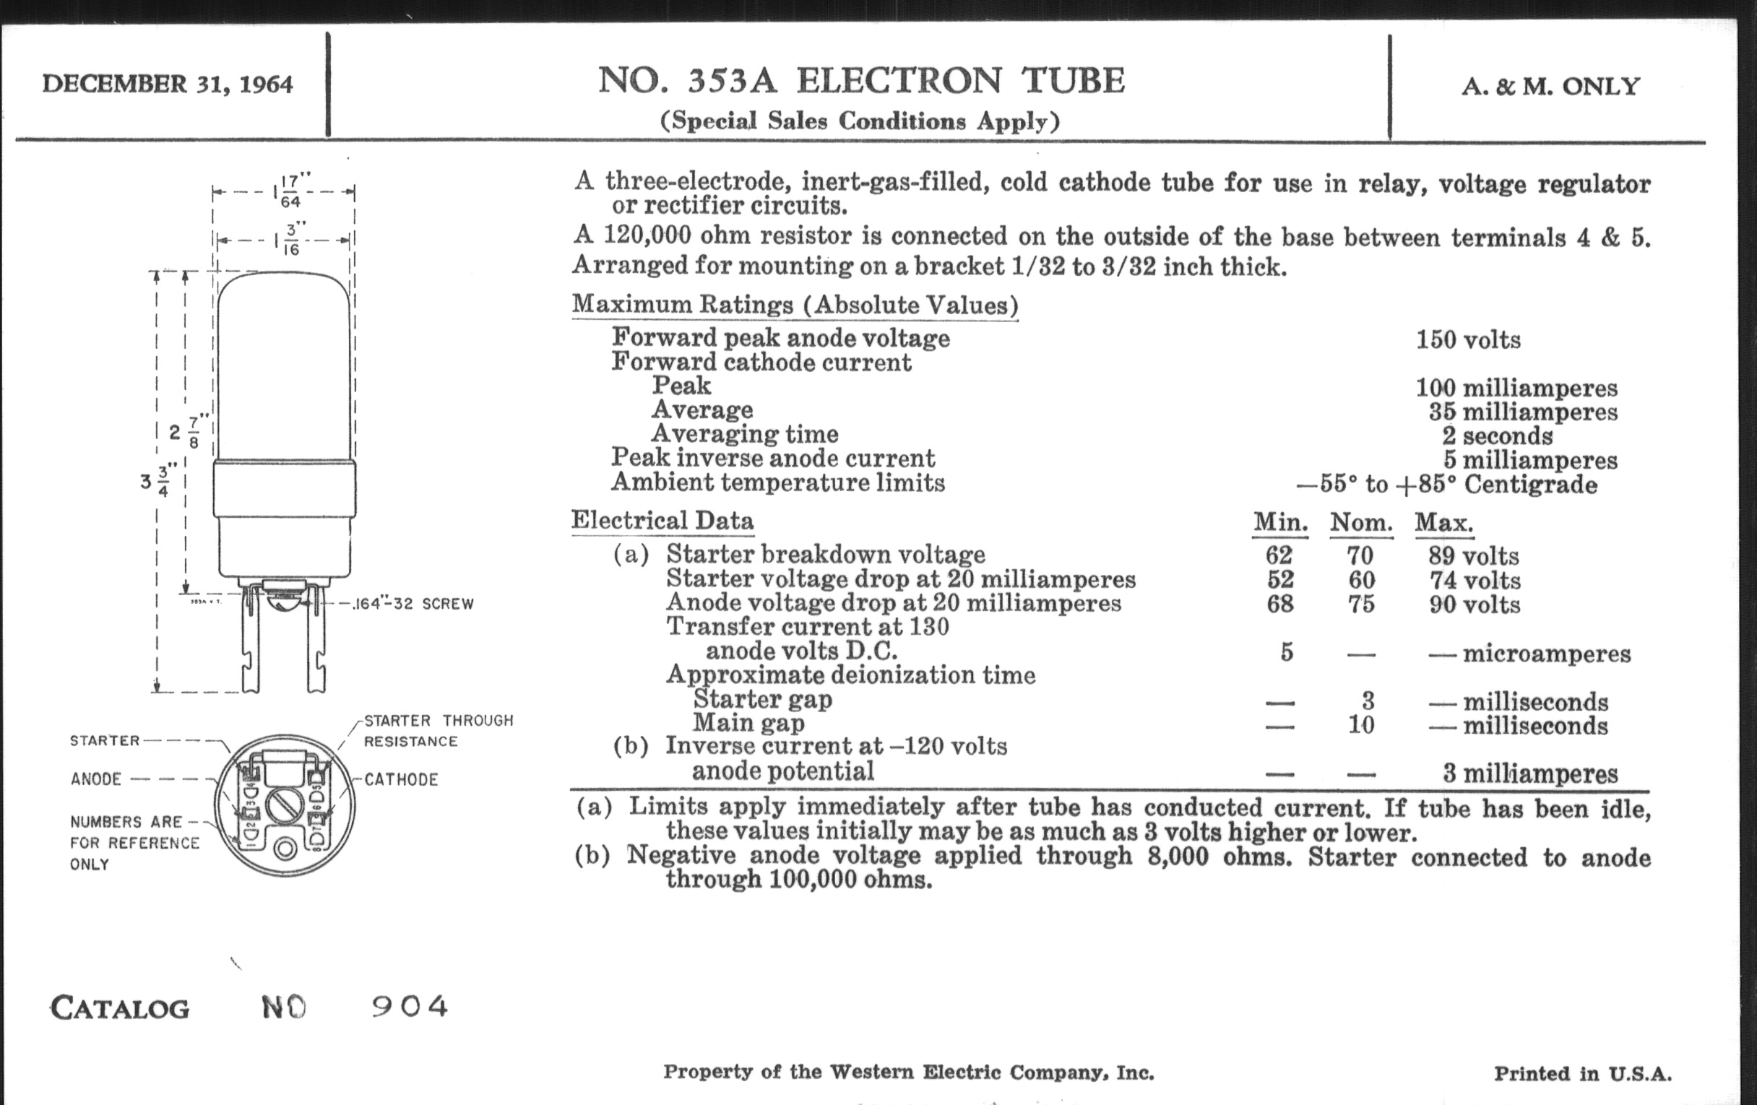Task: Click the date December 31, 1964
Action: click(167, 84)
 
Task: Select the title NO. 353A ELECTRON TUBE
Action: click(861, 80)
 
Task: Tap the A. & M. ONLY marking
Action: click(1550, 87)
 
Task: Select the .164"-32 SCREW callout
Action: click(413, 604)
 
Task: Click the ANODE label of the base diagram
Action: click(96, 779)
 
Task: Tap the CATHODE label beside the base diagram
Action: click(401, 780)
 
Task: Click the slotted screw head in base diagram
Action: click(284, 805)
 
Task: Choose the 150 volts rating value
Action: click(1468, 340)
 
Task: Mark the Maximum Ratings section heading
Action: click(795, 305)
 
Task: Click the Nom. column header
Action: click(1361, 523)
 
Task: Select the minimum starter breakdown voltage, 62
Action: click(1278, 556)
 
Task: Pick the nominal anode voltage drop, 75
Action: click(1361, 604)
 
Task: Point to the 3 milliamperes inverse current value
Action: click(1529, 774)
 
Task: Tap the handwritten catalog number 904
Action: click(410, 1007)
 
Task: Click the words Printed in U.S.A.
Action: click(1583, 1073)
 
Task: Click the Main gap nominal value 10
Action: click(1361, 725)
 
